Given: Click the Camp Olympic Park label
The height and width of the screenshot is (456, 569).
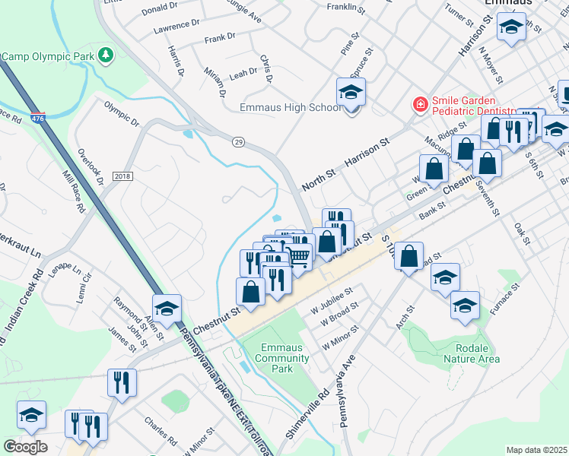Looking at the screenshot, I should pyautogui.click(x=49, y=56).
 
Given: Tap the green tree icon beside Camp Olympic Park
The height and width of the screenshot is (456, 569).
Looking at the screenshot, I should pyautogui.click(x=107, y=55).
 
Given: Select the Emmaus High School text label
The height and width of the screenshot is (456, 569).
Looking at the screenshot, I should pyautogui.click(x=290, y=107).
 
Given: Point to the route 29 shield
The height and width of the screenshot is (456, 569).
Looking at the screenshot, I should pyautogui.click(x=238, y=141).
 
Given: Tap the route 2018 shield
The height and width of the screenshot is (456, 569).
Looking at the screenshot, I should pyautogui.click(x=122, y=176).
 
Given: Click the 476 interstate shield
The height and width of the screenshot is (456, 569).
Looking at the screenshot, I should pyautogui.click(x=37, y=119).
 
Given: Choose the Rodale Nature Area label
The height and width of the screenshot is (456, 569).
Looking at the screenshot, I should pyautogui.click(x=471, y=353).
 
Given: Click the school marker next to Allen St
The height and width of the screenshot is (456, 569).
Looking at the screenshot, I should pyautogui.click(x=167, y=309).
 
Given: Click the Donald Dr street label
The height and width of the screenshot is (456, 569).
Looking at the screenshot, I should pyautogui.click(x=159, y=8).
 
